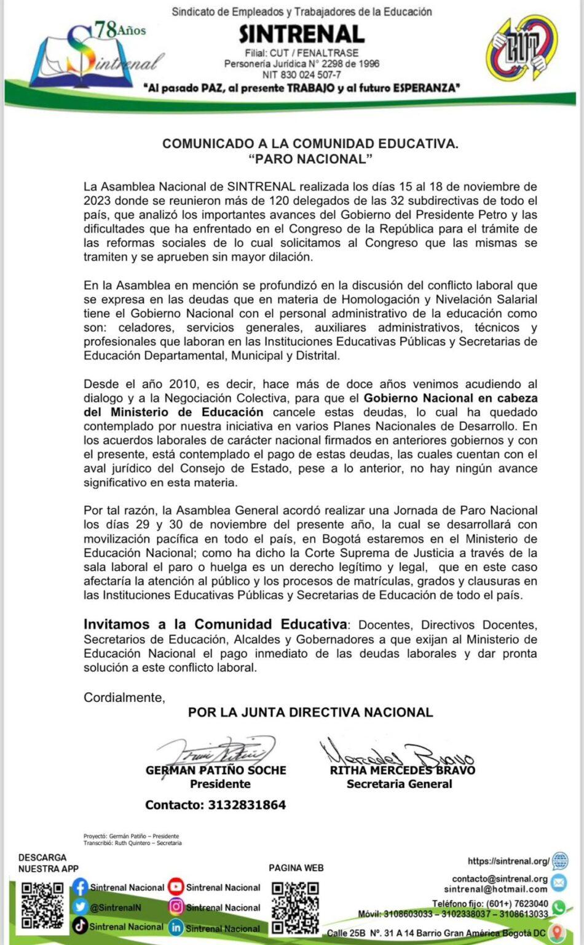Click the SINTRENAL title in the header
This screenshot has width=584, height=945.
tap(301, 34)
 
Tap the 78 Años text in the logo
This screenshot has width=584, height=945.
tap(119, 29)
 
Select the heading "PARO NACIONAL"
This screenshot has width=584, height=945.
tap(310, 159)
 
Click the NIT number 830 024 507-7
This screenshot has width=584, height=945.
tap(301, 75)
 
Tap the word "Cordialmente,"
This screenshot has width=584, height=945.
tap(124, 698)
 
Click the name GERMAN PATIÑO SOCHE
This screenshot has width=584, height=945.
tap(216, 770)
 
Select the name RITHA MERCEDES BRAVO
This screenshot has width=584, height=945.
tap(402, 770)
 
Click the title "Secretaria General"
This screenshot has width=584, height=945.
tap(399, 784)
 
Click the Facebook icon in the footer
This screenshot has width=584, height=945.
tap(80, 887)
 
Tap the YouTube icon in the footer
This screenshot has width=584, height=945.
tap(176, 887)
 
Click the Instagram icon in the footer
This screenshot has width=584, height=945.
tap(176, 907)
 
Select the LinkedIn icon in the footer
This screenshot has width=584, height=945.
tap(176, 927)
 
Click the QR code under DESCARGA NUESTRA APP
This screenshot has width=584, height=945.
tap(42, 905)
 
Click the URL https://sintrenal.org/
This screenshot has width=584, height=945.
tap(508, 861)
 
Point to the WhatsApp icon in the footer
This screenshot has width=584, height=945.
tap(559, 907)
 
